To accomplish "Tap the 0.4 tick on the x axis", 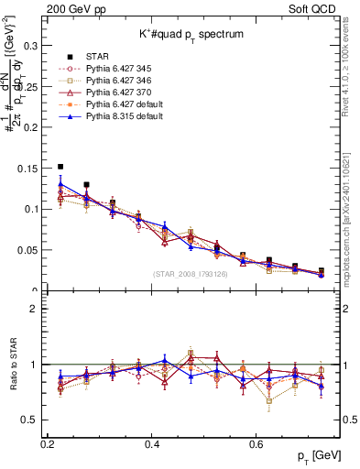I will pyautogui.click(x=153, y=443).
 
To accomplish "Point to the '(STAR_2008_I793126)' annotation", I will pyautogui.click(x=191, y=272).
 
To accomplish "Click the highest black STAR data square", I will pyautogui.click(x=60, y=167).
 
